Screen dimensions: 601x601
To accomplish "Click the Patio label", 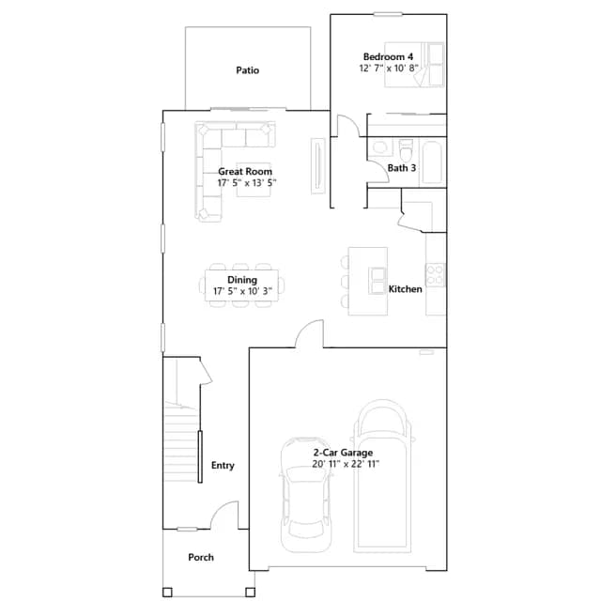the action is point(247,70).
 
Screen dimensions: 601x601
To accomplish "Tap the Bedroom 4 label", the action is point(388,56).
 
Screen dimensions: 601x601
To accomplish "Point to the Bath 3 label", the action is point(401,168).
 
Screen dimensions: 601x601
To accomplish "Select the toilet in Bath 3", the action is point(406,150).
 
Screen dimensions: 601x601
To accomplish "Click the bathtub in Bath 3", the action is point(432,162).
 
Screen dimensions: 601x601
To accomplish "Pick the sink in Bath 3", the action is point(379,147).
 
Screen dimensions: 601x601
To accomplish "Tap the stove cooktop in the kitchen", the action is point(435,275).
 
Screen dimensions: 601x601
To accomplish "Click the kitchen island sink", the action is point(377,281).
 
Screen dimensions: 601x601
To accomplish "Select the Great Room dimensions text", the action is point(247,183).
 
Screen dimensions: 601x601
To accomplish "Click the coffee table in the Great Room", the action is point(254,179).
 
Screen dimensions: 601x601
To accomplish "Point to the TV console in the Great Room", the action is point(317,166).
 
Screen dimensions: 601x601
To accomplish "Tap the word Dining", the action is point(242,280).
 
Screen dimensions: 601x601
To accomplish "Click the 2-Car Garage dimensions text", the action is point(346,464).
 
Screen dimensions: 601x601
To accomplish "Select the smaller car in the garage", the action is point(306,495).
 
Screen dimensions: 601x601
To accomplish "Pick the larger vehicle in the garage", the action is point(382,476).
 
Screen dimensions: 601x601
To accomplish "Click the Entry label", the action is point(223,466).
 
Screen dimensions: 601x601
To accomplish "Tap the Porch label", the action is point(201,557).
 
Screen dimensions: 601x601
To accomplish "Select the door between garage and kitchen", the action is point(309,334).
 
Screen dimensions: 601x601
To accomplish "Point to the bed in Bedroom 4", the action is point(414,65).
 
